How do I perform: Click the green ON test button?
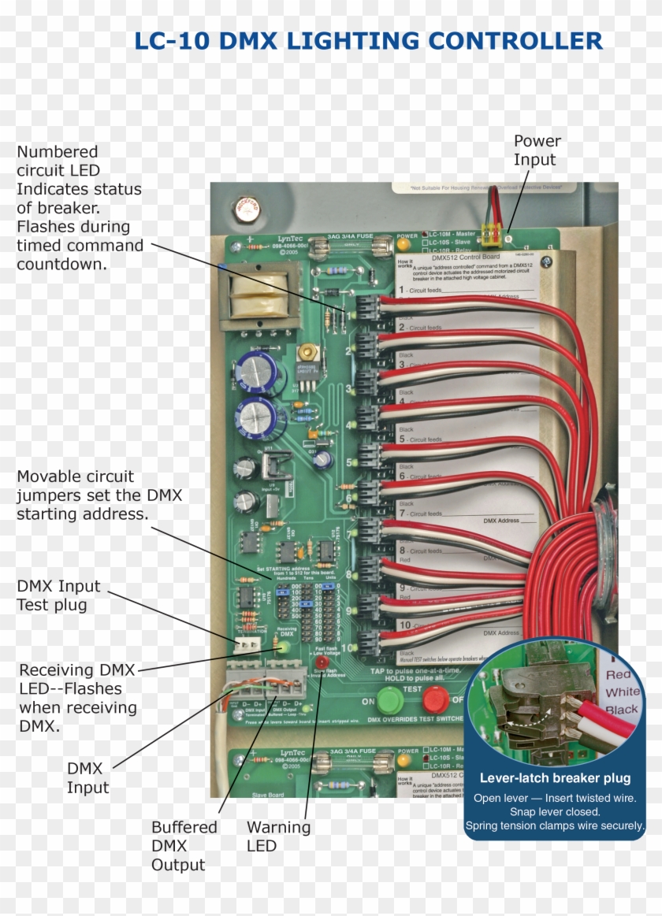click(389, 699)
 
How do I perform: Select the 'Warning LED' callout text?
click(278, 836)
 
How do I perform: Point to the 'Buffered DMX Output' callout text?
click(184, 846)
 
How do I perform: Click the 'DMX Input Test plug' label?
click(58, 595)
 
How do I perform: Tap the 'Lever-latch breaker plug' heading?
click(555, 778)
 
